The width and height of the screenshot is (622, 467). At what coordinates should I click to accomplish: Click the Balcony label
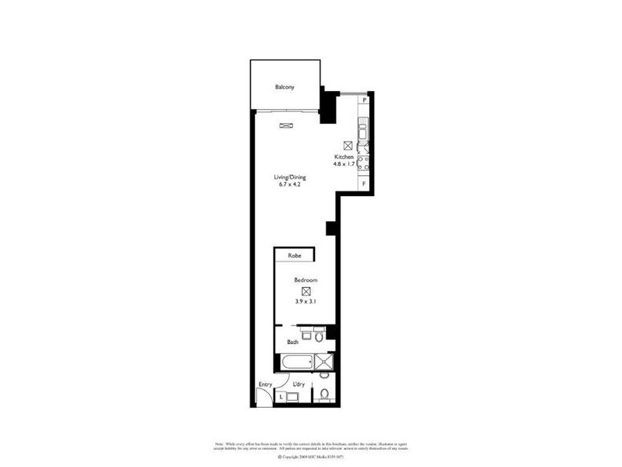284,87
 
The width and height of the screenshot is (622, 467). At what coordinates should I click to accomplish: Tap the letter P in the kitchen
364,100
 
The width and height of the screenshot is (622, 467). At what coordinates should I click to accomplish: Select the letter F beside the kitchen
364,184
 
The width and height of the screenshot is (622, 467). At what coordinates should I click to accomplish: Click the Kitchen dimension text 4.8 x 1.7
344,164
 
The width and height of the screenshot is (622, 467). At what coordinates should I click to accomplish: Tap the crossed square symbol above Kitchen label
347,145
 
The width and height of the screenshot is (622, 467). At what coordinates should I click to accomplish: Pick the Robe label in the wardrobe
294,255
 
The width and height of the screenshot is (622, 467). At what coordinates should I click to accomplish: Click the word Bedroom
305,280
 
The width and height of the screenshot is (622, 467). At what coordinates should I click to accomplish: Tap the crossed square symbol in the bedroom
305,290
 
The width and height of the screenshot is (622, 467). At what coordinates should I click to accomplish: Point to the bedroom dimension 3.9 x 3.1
305,301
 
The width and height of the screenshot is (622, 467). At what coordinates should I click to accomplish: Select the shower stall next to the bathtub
325,361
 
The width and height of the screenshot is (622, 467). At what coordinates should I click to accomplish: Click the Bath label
293,342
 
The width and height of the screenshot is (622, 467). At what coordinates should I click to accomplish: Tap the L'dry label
299,384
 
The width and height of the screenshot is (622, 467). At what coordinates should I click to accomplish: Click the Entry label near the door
265,384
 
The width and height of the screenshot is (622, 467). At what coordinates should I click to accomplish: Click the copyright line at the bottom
310,458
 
